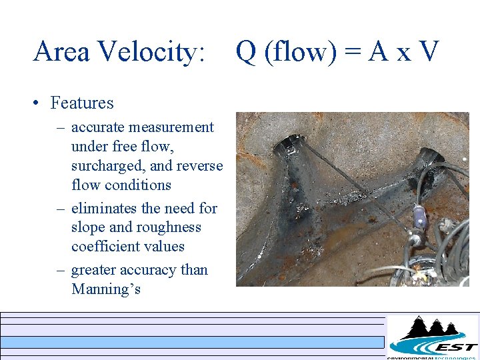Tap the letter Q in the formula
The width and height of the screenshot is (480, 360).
point(246,51)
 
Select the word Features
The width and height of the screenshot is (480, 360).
point(82,103)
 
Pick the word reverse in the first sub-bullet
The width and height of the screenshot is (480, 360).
point(199,165)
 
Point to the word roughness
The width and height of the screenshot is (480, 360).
point(168,227)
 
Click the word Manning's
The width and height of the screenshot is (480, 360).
point(106,289)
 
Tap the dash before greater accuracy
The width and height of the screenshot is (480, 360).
point(60,270)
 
